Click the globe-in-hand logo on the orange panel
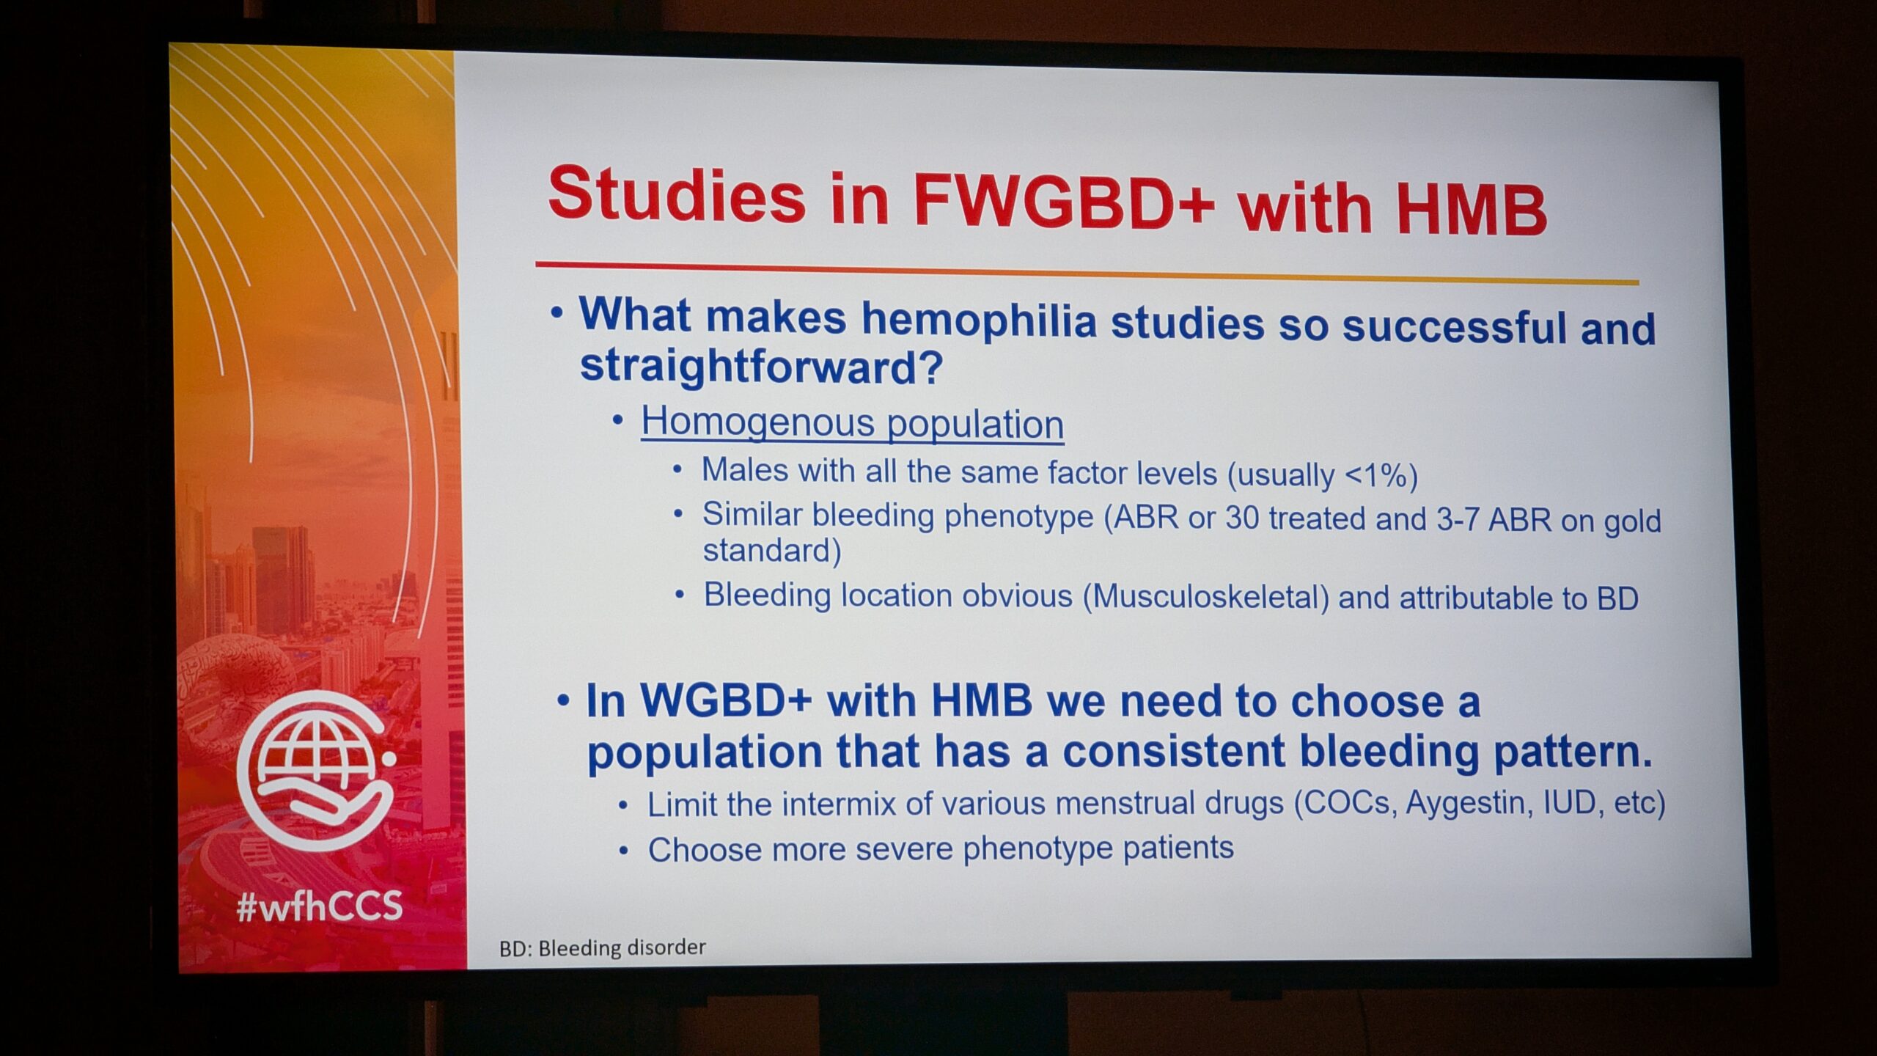point(317,770)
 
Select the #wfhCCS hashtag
point(320,906)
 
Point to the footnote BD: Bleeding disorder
point(602,947)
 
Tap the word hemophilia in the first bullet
point(978,320)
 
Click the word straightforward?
point(760,365)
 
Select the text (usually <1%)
point(1323,475)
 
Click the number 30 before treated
point(1241,518)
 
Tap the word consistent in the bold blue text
point(1174,751)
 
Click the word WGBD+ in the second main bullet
point(726,700)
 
